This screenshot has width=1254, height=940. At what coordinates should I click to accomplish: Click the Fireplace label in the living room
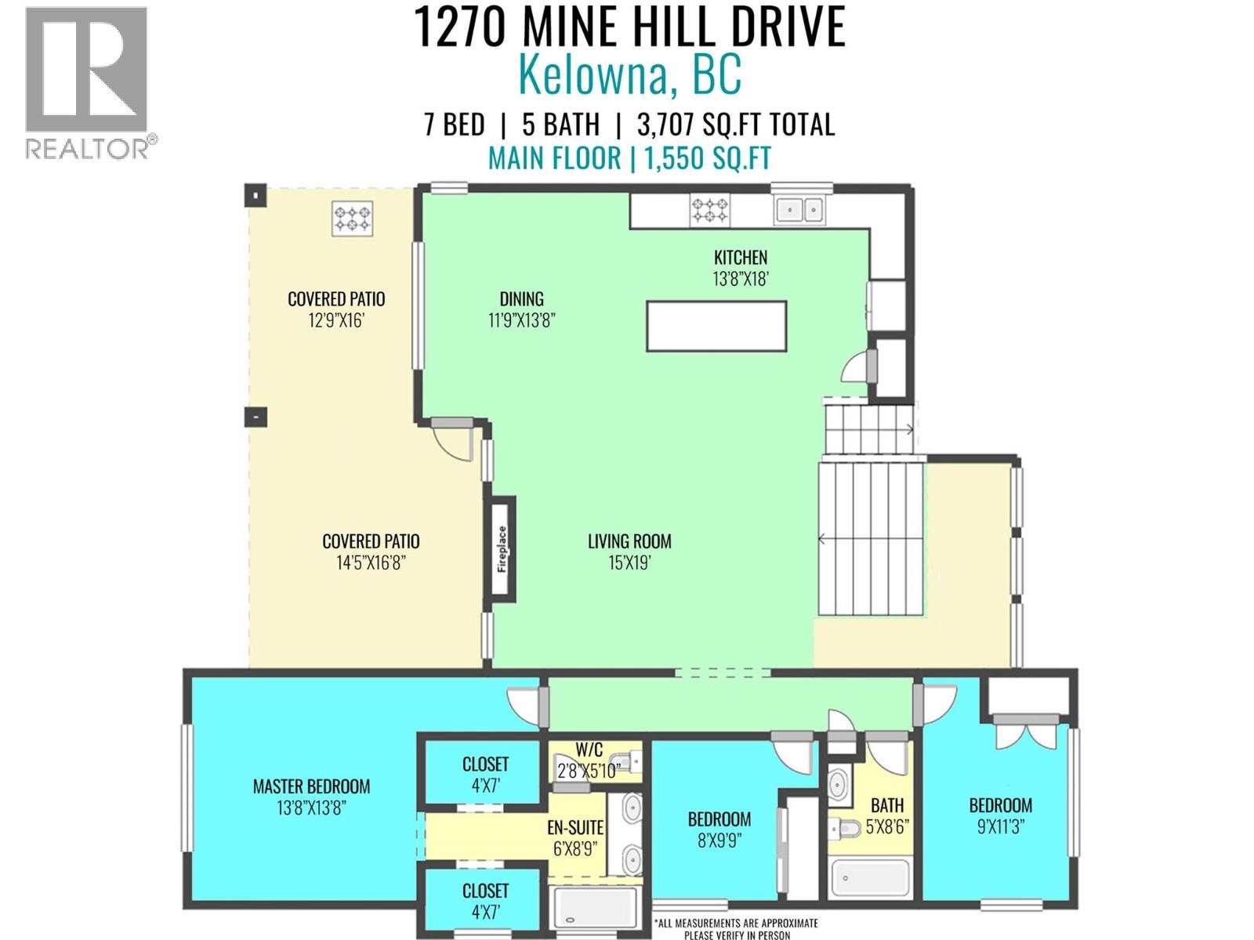click(x=502, y=548)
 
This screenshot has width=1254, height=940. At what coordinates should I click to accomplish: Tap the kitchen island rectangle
click(x=716, y=326)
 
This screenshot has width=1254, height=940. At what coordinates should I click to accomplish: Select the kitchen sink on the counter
click(x=799, y=210)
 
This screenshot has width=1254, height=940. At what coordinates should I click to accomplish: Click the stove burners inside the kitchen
click(x=709, y=210)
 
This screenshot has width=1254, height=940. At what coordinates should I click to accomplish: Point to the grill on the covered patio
click(x=353, y=219)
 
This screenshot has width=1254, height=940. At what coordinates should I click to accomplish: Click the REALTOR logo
click(x=87, y=82)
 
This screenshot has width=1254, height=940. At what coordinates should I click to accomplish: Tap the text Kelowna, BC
click(x=629, y=76)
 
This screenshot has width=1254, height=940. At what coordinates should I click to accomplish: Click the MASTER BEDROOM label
click(x=311, y=786)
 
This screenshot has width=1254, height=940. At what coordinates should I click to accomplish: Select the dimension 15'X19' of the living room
click(x=629, y=562)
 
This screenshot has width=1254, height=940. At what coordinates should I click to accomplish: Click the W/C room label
click(x=589, y=750)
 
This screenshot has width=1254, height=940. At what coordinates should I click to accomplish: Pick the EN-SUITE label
click(x=575, y=828)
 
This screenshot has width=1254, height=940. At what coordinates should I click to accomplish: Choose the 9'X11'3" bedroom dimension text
click(x=1000, y=826)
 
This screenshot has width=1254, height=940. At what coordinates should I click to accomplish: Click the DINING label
click(x=521, y=298)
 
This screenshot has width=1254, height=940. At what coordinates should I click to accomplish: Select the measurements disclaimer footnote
click(x=736, y=929)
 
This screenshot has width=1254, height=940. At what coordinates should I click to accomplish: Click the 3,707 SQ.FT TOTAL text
click(x=735, y=125)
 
